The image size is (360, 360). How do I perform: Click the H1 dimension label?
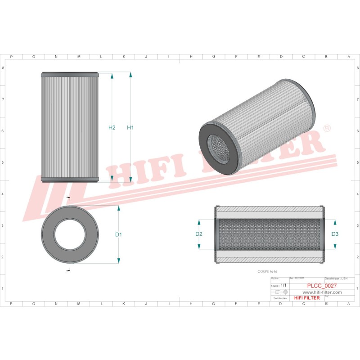coord(130,128)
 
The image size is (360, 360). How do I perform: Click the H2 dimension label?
coord(112,128)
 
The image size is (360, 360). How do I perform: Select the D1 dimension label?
coord(119,234)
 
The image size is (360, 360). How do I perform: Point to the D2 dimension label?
coord(199,234)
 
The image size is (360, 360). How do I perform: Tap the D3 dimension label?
coord(335,234)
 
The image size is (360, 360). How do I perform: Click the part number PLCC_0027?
coord(322,285)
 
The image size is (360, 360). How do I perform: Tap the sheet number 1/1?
coord(283,285)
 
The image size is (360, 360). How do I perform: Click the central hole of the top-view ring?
coord(69,234)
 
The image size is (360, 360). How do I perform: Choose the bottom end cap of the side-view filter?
coord(69,180)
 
